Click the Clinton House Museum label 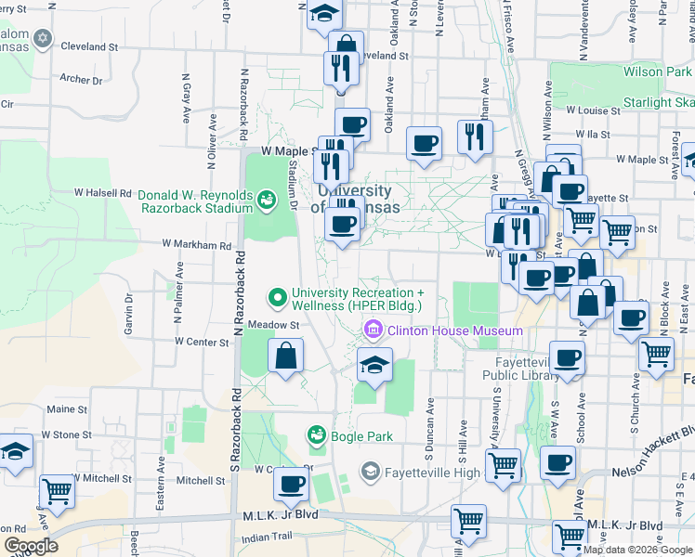454,330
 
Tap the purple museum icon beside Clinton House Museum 374,330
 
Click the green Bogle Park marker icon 317,435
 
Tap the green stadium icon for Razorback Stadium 267,200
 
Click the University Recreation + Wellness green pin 276,298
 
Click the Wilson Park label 657,71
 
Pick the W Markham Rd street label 196,245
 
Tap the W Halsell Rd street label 103,193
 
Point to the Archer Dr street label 81,80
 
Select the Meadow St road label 273,326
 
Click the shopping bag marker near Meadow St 286,356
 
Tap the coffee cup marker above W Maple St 352,125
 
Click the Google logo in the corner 31,546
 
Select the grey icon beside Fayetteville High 371,472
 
